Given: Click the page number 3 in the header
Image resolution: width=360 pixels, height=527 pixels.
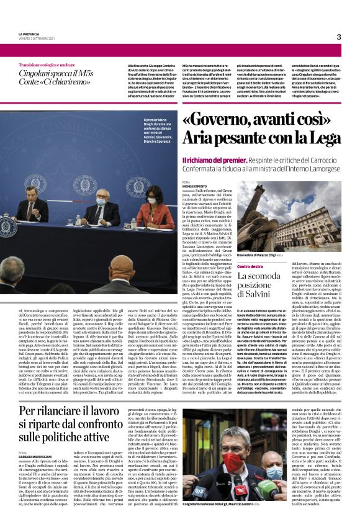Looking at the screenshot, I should pyautogui.click(x=339, y=37).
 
